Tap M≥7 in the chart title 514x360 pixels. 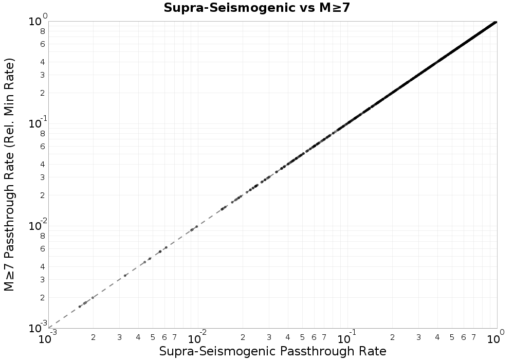point(334,8)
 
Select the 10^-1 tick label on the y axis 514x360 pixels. point(36,122)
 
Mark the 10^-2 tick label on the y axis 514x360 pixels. point(36,225)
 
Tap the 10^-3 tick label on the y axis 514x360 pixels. point(36,327)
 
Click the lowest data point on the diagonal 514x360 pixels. point(80,307)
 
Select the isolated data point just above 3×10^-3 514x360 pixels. point(125,275)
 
